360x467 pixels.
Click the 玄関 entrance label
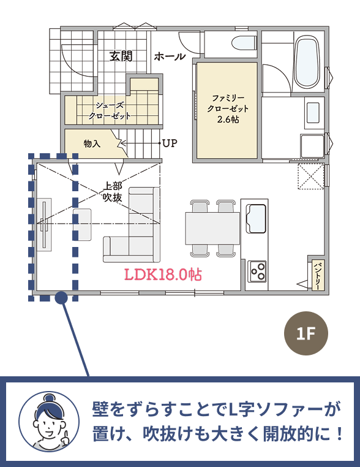pos(121,56)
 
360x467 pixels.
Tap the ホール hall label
pos(170,56)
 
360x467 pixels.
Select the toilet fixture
pos(244,43)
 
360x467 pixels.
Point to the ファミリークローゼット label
pos(228,103)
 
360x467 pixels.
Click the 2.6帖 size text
pos(228,120)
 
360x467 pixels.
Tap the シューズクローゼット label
pos(110,110)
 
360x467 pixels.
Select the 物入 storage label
pos(92,143)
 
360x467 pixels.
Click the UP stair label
pos(170,143)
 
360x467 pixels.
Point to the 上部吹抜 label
pos(113,191)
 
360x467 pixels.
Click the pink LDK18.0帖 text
pos(163,275)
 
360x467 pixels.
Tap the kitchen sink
pos(255,218)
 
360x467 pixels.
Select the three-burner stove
pos(257,271)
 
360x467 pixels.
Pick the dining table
pos(212,228)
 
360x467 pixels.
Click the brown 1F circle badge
pos(306,333)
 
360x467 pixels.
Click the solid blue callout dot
pos(62,298)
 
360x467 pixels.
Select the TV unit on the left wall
pos(44,224)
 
